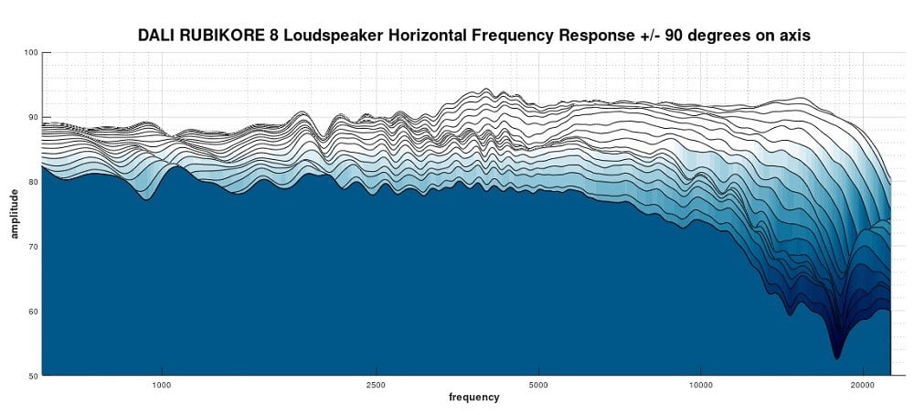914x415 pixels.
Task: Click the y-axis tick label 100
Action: tap(31, 53)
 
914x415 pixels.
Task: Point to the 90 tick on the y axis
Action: tap(33, 118)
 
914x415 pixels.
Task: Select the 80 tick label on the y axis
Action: tap(33, 182)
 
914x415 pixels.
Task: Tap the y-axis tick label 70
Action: tap(33, 247)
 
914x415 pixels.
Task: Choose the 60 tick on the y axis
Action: tap(33, 312)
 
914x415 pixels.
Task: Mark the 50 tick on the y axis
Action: tap(33, 376)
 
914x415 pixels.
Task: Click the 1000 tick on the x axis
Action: tap(162, 385)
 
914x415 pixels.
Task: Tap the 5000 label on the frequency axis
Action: tap(538, 385)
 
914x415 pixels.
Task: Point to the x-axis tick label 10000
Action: tap(701, 385)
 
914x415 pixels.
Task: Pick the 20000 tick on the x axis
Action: tap(864, 385)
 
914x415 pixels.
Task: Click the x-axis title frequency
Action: tap(473, 398)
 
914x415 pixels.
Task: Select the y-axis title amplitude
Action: tap(15, 214)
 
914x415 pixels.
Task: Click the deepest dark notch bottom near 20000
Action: tap(836, 356)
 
